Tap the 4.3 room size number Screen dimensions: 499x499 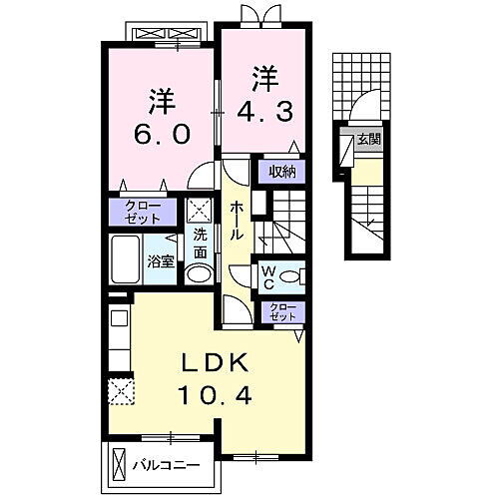click(263, 111)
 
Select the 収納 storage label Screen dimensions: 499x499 click(281, 171)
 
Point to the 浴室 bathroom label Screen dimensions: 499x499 click(161, 262)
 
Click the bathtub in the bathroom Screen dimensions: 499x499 click(127, 259)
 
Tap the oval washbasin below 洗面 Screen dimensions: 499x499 click(200, 274)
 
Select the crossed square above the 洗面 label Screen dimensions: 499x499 click(200, 211)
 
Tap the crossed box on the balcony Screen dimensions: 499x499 click(119, 464)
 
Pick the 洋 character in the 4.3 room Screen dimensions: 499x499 click(263, 76)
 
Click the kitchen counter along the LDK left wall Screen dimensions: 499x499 click(118, 339)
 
